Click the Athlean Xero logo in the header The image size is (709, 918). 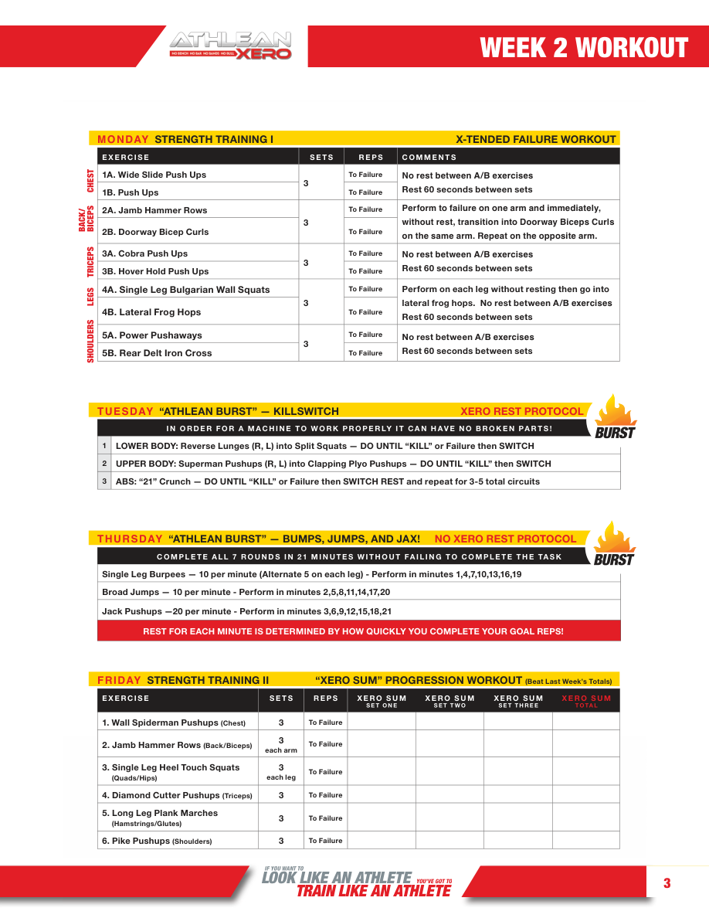[x=230, y=46]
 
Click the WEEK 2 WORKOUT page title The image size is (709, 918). [x=583, y=48]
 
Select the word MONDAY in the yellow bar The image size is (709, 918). [x=123, y=140]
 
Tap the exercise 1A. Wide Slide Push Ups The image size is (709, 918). [x=154, y=175]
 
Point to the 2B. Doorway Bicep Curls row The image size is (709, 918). [x=155, y=232]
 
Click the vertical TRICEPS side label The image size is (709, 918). [x=90, y=262]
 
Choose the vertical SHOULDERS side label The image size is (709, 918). [x=90, y=342]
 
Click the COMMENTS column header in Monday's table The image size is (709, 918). [x=429, y=158]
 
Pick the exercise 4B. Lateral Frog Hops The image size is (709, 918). [x=151, y=312]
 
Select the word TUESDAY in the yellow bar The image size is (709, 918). [x=125, y=411]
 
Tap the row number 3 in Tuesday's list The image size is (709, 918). [x=104, y=481]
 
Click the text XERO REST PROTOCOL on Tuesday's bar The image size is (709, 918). [x=522, y=411]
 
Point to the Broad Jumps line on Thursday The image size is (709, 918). [x=246, y=592]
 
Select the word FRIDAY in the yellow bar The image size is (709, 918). [x=119, y=681]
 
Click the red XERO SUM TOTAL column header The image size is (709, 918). [x=586, y=701]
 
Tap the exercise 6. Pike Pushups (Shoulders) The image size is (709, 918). [x=157, y=841]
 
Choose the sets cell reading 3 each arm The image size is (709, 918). [x=281, y=745]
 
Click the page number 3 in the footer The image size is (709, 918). [x=667, y=883]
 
